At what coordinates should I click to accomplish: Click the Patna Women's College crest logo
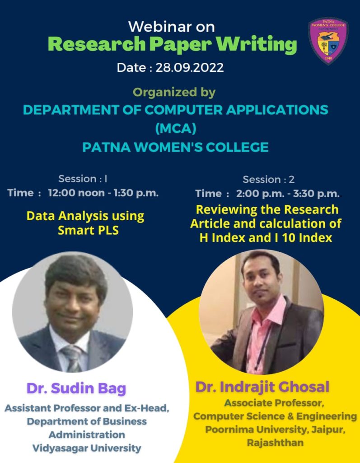328,41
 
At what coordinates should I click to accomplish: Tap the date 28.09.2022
189,68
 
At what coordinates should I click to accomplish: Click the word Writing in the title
256,44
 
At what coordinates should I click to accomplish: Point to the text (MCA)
176,128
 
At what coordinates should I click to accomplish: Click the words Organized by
174,92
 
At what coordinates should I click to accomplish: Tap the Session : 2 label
268,179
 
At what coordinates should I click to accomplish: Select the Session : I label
83,179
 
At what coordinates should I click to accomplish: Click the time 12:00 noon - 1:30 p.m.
103,193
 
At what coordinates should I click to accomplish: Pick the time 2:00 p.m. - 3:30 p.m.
288,194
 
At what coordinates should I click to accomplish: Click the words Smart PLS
88,230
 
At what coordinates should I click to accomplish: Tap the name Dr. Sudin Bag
76,388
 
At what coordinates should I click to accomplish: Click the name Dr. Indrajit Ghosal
262,387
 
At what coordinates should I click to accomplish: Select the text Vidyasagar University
87,448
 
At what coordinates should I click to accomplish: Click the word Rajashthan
276,443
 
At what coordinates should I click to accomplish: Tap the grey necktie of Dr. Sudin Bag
73,359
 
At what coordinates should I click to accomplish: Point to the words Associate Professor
274,403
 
